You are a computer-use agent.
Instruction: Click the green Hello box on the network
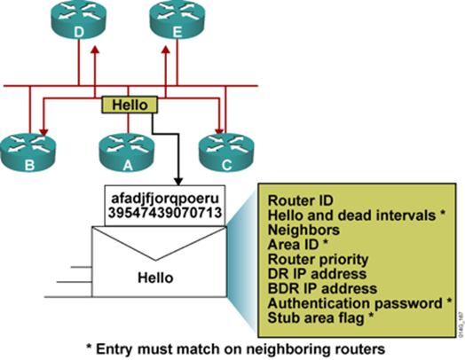click(131, 105)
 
